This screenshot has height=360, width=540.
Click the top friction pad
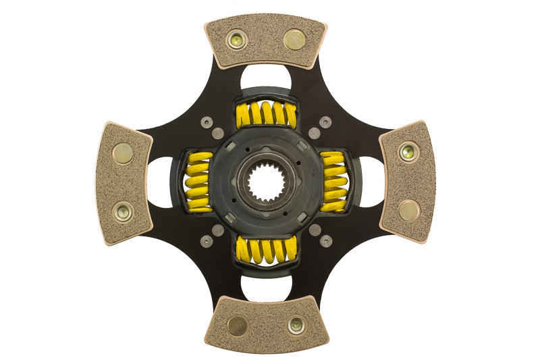pos(266,42)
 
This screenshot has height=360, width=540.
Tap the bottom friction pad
pos(266,324)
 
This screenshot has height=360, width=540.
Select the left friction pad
pos(124,182)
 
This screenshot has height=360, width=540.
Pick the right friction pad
pos(408,181)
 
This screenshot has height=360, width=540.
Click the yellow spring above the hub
pos(266,115)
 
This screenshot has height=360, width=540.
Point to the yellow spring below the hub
pos(266,250)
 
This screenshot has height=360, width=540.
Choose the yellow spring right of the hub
pos(334,182)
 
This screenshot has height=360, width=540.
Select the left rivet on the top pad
pos(236,40)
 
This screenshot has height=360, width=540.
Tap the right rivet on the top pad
pos(294,40)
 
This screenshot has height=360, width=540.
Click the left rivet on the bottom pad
pos(237,326)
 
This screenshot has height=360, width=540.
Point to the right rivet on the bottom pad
pos(296,326)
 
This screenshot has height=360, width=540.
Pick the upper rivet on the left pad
pos(123,153)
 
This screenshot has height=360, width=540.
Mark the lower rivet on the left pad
pos(124,211)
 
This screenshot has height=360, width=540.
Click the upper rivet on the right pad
pos(408,152)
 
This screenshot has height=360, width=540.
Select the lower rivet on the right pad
pos(408,211)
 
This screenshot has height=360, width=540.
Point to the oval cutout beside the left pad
pos(160,182)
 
